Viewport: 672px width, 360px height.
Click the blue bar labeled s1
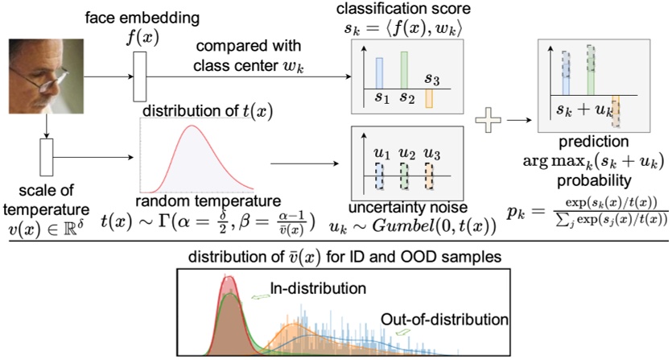tap(379, 72)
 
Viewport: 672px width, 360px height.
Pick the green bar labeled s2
tap(406, 70)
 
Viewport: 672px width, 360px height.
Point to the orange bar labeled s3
tap(430, 97)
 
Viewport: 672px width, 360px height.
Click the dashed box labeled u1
tap(378, 175)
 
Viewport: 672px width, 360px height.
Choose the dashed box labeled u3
tap(430, 175)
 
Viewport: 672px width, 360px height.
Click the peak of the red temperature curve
tap(191, 126)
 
